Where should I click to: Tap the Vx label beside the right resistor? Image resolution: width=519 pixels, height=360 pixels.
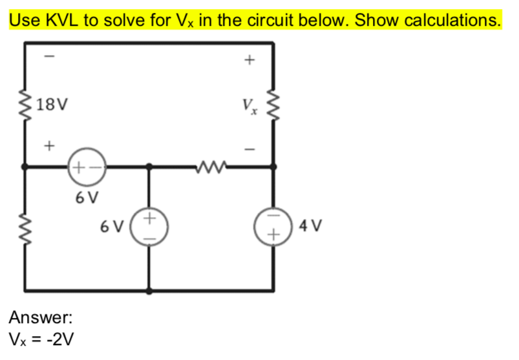click(x=249, y=105)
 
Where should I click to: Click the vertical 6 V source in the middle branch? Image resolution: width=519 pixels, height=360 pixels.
click(x=149, y=228)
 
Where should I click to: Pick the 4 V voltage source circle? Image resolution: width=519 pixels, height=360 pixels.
click(x=273, y=228)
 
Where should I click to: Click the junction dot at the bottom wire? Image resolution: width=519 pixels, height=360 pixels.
click(x=149, y=290)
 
